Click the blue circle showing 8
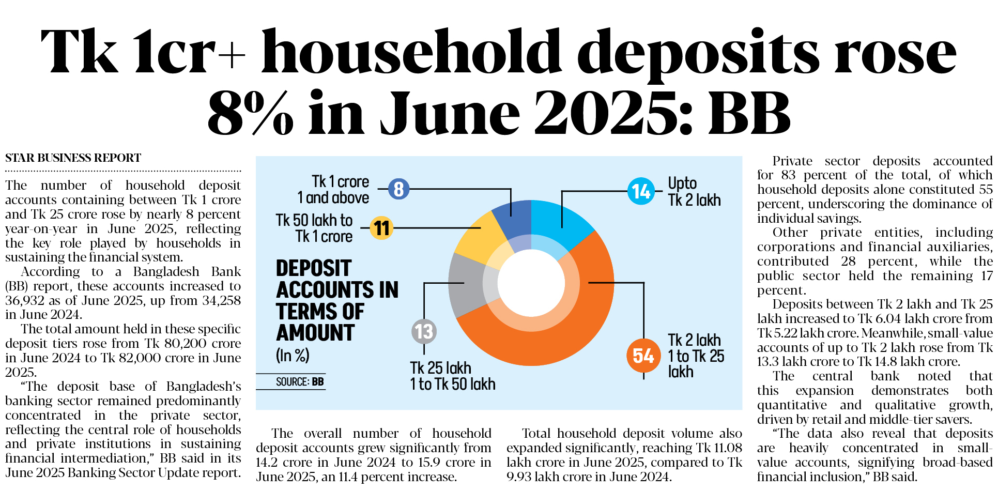(398, 189)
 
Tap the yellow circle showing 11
(381, 228)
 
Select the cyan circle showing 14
(641, 191)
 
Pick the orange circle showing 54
(643, 356)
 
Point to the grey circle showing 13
(424, 331)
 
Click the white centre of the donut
(531, 283)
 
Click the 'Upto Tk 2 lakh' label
(694, 192)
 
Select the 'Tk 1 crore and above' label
(333, 190)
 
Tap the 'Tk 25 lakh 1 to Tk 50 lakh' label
(452, 376)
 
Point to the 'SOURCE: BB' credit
(300, 382)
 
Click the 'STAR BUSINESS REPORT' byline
(73, 158)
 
